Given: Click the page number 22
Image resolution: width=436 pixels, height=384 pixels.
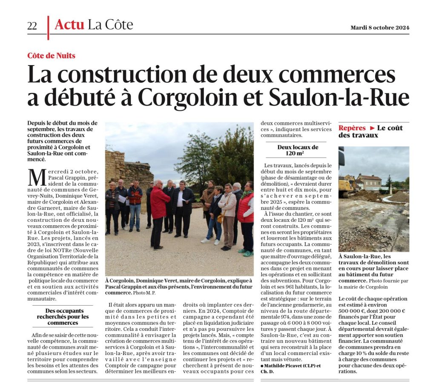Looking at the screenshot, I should (x=32, y=26).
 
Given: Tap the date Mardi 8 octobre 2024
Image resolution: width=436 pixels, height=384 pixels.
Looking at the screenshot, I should (x=380, y=28).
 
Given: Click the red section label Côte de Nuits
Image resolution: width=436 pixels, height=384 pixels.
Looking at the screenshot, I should (x=51, y=55).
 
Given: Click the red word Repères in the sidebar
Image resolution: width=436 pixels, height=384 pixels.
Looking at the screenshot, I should (x=352, y=128).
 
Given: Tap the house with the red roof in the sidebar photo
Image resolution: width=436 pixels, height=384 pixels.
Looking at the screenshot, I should (x=369, y=181).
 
